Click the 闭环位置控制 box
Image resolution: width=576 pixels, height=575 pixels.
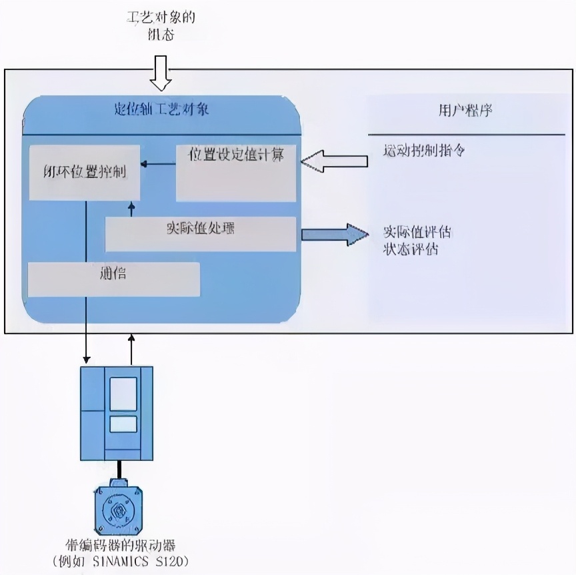coord(84,171)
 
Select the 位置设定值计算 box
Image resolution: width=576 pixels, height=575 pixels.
coord(236,172)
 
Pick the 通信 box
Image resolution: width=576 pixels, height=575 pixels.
coord(113,279)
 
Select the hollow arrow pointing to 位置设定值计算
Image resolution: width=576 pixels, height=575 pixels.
coord(334,161)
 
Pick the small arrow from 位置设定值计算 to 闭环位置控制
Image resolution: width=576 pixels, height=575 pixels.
coord(157,163)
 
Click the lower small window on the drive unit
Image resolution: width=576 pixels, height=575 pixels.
coord(123,424)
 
